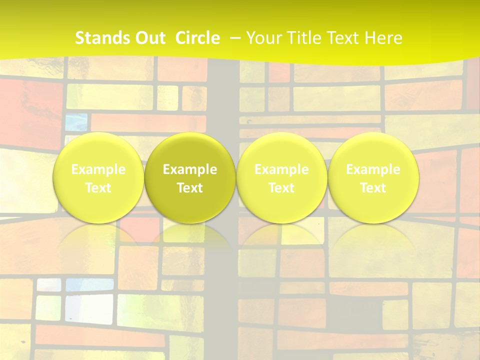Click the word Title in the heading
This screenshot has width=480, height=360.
[302, 38]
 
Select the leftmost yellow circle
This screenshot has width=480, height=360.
[98, 177]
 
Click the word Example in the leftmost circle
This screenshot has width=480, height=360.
[98, 169]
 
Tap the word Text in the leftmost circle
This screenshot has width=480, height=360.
[98, 188]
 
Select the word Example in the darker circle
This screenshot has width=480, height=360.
[190, 169]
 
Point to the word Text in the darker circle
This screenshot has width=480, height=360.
[190, 188]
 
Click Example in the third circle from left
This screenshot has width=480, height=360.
[281, 169]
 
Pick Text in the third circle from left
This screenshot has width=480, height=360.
[281, 188]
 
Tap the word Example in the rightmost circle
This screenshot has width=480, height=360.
[373, 169]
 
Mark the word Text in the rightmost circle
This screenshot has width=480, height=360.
[373, 188]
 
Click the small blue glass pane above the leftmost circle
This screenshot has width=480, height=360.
[76, 122]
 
